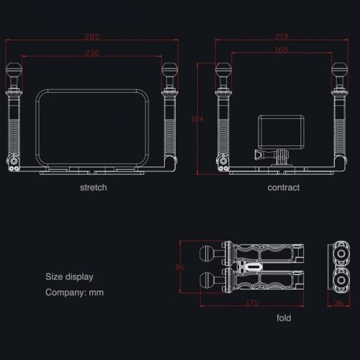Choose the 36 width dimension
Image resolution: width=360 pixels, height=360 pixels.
point(338,304)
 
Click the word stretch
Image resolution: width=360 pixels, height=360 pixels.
point(94,188)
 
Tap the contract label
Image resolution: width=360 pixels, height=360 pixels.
point(283,188)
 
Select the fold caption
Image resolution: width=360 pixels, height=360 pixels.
point(284,318)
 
